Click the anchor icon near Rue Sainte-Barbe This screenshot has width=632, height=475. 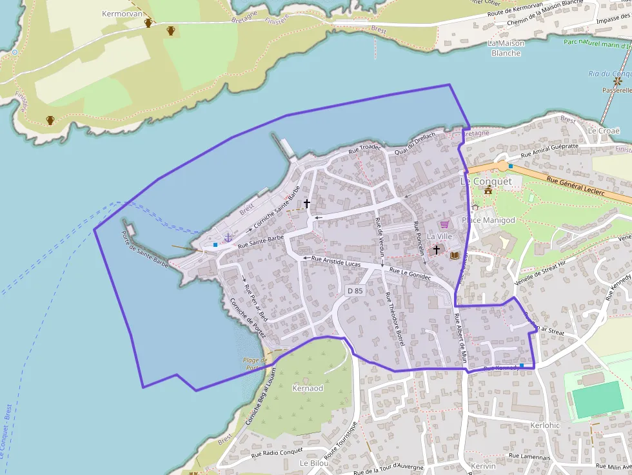(228, 238)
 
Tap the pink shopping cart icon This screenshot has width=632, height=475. (444, 224)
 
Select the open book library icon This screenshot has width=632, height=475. (455, 255)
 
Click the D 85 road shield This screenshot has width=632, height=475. (355, 291)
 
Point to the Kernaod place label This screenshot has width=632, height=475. (308, 389)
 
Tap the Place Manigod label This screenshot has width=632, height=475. (489, 220)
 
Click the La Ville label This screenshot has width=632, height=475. (440, 237)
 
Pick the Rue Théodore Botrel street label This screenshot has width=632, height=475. (393, 318)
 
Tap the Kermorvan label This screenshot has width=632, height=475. (121, 13)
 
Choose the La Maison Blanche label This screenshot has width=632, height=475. (506, 48)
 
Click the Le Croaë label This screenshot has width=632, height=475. (603, 131)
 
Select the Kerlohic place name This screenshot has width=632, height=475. (544, 425)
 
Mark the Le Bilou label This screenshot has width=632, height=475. (314, 463)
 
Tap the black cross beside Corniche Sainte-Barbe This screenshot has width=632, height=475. (307, 204)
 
